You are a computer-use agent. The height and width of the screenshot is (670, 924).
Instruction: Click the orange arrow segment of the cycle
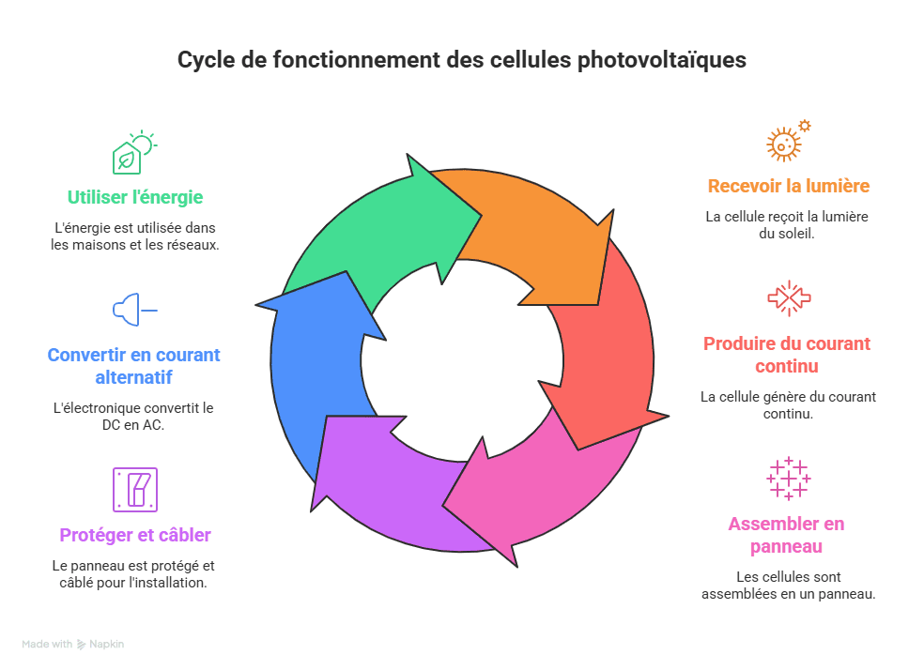[535, 235]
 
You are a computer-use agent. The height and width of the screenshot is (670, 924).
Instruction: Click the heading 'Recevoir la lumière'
[788, 186]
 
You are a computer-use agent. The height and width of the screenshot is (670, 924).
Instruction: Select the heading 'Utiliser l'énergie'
[135, 197]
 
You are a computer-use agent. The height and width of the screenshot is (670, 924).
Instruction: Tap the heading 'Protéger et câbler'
[135, 535]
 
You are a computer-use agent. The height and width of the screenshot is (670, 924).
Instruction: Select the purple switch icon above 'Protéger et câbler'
[135, 489]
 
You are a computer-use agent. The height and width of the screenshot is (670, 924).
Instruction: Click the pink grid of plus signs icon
[788, 478]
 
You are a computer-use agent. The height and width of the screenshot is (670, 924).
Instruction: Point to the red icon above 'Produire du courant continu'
[788, 297]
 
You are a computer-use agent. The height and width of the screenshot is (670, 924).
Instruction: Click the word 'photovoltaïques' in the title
[656, 60]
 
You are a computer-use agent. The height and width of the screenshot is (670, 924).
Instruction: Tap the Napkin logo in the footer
[100, 645]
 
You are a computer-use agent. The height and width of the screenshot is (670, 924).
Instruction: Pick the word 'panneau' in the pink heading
[787, 545]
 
